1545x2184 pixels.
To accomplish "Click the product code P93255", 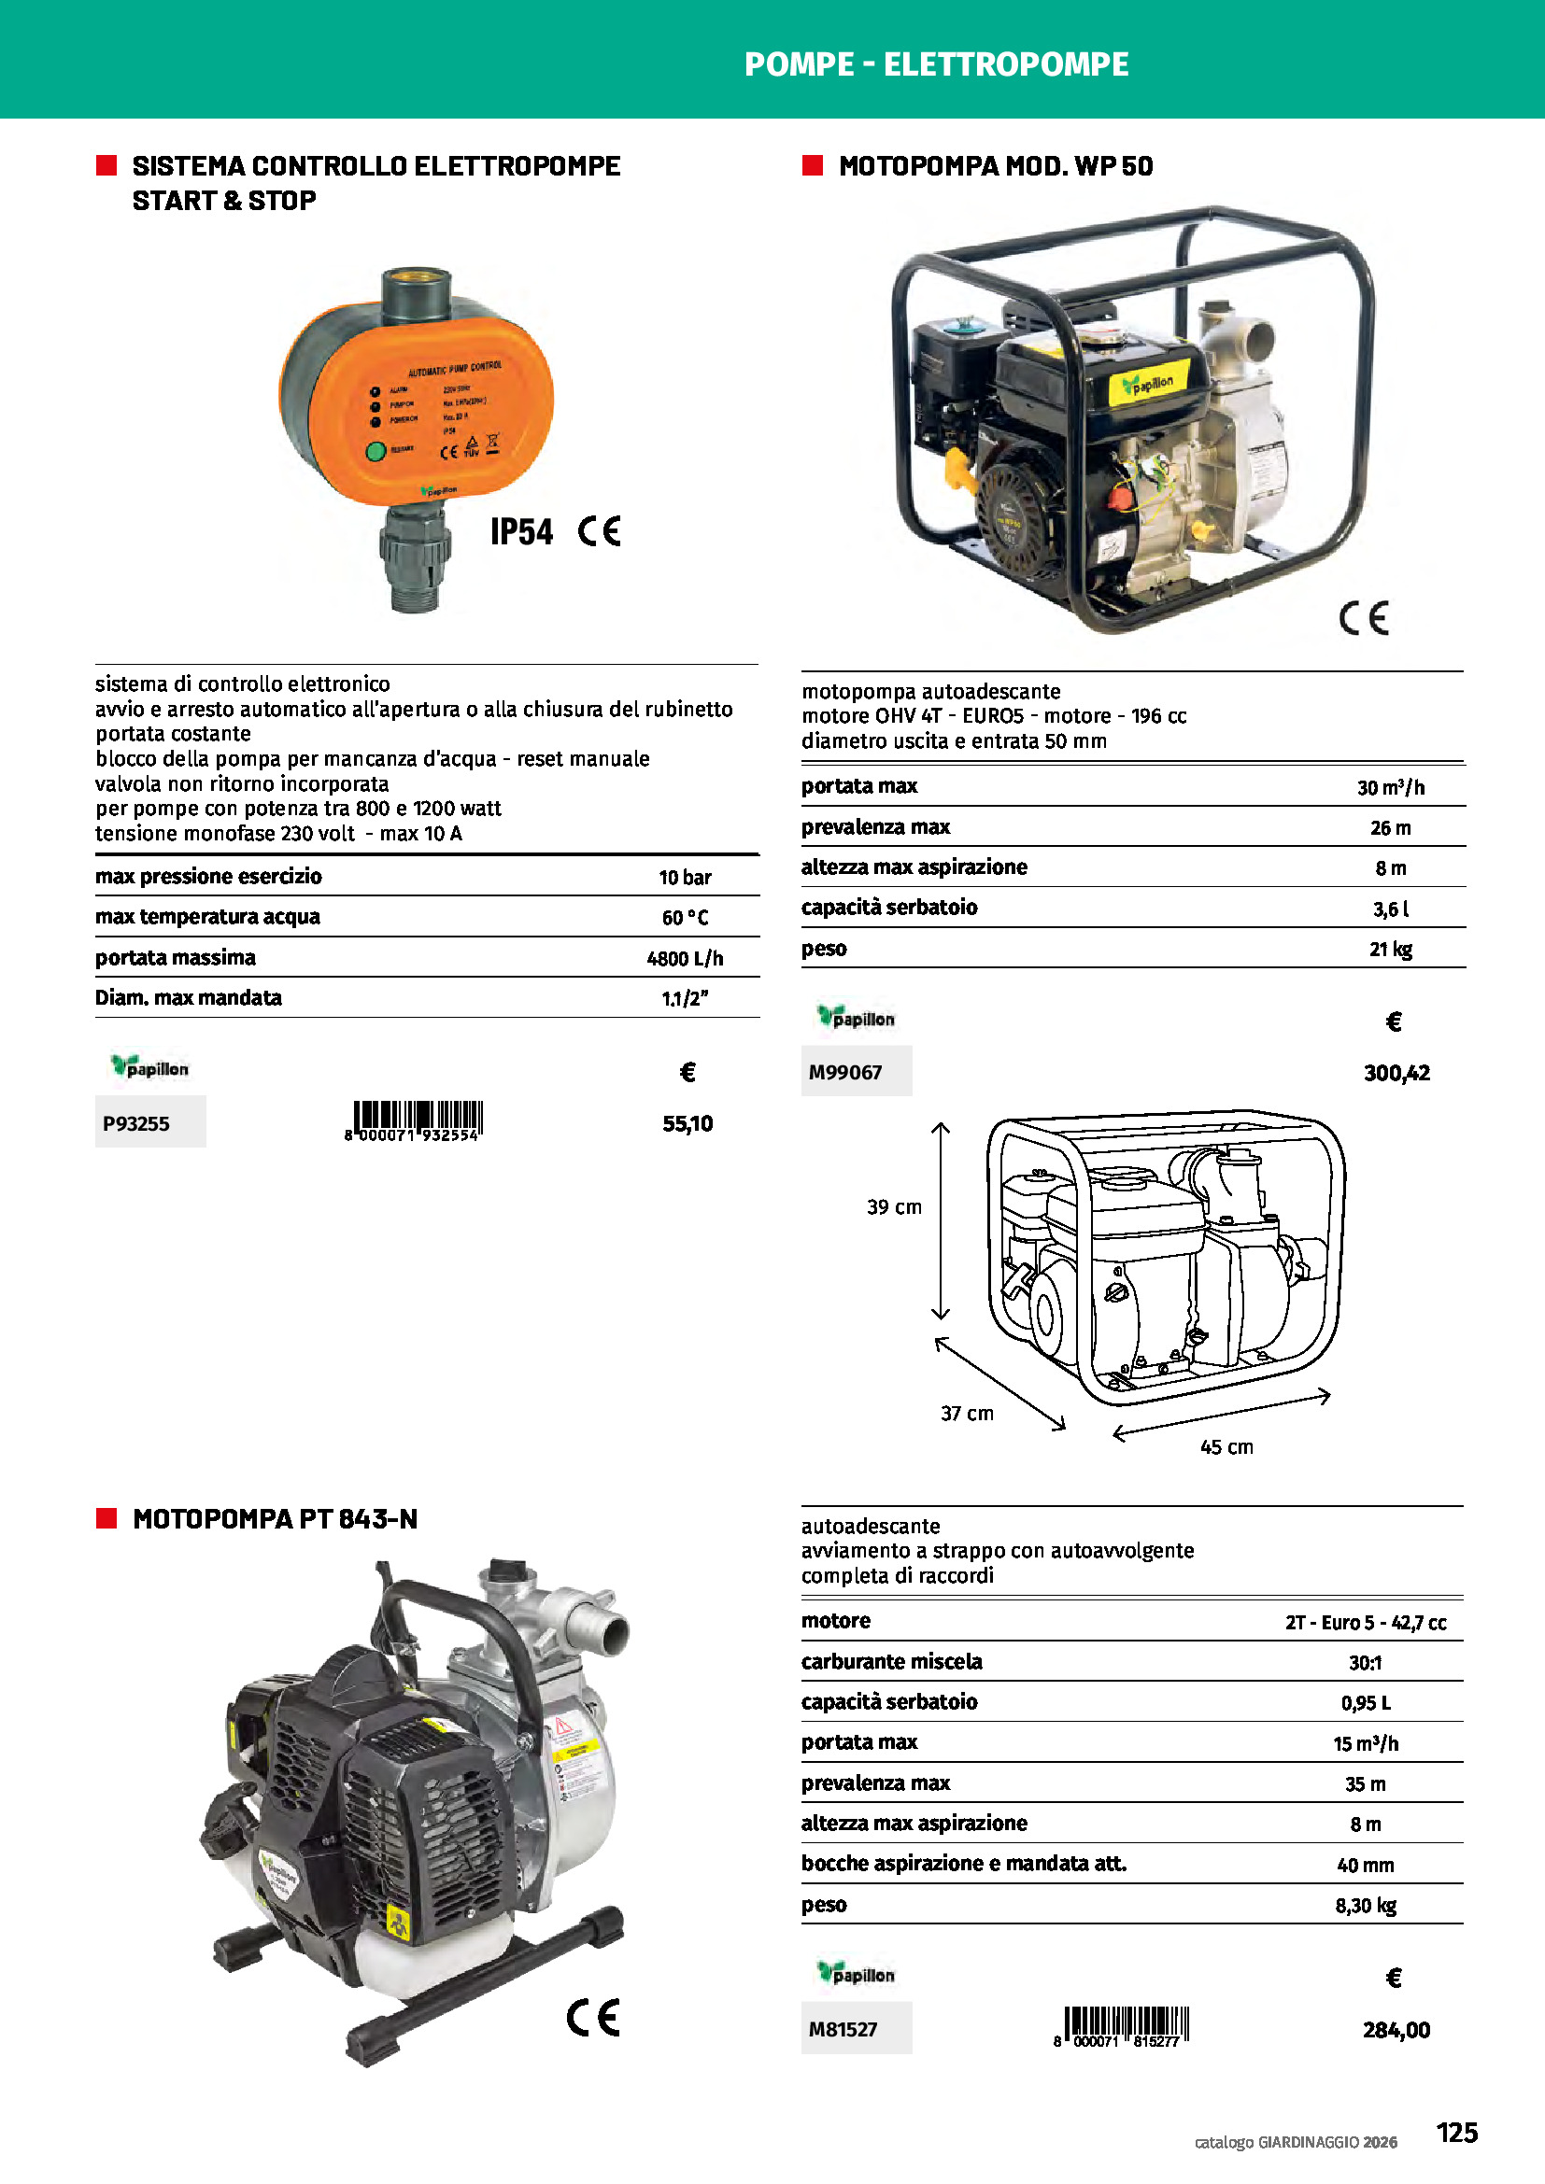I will (136, 1123).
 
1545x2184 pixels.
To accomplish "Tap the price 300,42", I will (1396, 1073).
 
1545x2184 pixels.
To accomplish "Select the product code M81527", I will (843, 2029).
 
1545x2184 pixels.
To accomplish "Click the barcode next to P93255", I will (417, 1120).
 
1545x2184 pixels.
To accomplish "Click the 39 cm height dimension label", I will (893, 1207).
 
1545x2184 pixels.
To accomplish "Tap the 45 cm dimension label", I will (1226, 1446).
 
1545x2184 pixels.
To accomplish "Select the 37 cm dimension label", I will (967, 1414).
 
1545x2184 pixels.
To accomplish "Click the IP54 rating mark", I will (521, 531).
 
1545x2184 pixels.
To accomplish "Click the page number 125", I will (1456, 2132).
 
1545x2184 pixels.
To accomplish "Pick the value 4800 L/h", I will (685, 959).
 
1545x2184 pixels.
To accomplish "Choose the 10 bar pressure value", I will (685, 877).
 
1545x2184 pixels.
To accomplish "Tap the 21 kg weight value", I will (1390, 950).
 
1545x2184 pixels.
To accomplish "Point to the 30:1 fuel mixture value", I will (1364, 1663).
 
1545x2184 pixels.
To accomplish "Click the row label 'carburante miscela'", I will (891, 1662).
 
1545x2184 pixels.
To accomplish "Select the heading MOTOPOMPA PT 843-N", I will (275, 1519).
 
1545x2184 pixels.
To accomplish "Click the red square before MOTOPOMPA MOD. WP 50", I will (813, 165).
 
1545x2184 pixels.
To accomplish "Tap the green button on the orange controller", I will (376, 451).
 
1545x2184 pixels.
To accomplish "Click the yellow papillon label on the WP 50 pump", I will (1148, 385).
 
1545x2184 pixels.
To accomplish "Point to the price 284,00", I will (1396, 2030).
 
